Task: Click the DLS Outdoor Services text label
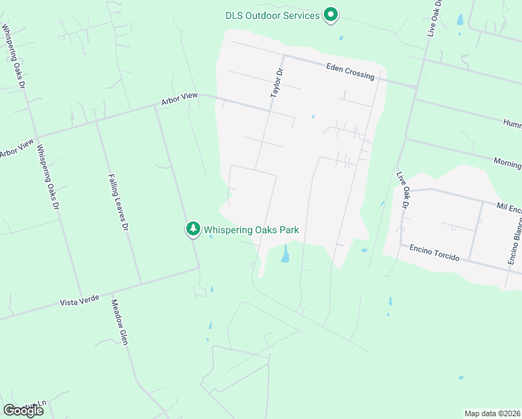point(272,15)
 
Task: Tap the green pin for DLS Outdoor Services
point(331,15)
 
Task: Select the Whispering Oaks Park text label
point(255,229)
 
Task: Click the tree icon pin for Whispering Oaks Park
point(193,228)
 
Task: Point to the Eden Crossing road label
point(350,71)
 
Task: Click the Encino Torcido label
point(434,252)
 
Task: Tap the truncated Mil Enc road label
point(509,207)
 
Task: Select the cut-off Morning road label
point(507,163)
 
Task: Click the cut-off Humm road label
point(512,122)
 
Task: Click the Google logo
point(23,411)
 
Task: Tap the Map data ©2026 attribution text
point(493,413)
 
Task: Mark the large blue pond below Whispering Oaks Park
point(285,255)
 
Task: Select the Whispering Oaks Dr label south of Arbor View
point(47,177)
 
